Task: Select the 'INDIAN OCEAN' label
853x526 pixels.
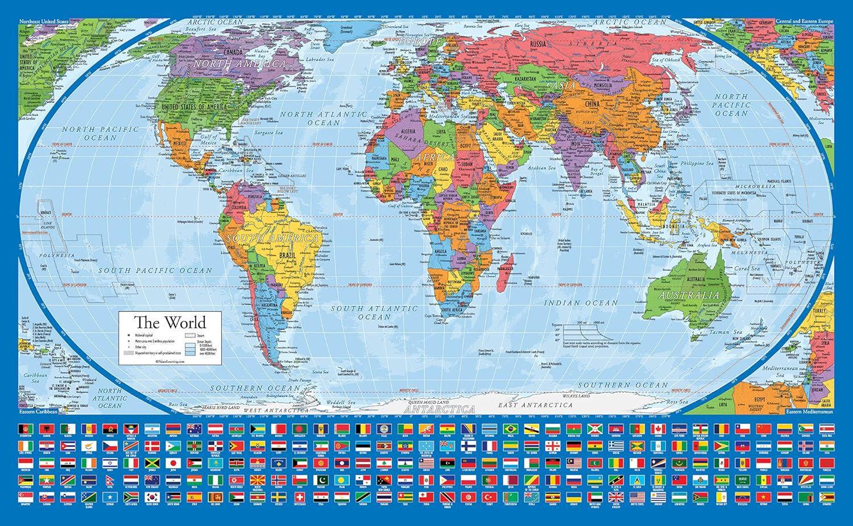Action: point(581,303)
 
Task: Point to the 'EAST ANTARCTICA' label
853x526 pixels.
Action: point(535,405)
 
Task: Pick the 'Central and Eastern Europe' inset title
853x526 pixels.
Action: point(804,21)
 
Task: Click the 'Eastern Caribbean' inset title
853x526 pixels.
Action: point(35,410)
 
